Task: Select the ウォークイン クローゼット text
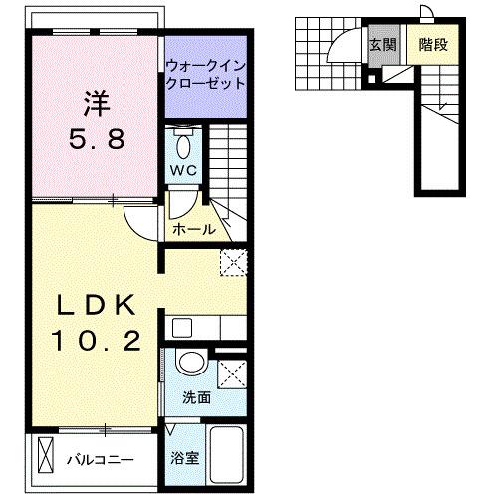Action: click(205, 76)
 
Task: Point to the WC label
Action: click(184, 170)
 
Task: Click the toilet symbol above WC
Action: click(184, 145)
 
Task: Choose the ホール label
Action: click(194, 229)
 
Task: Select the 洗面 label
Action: click(195, 398)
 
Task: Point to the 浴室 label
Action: click(184, 460)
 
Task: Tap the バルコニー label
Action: click(103, 461)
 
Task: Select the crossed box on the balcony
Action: click(45, 457)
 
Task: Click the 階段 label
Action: click(430, 45)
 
